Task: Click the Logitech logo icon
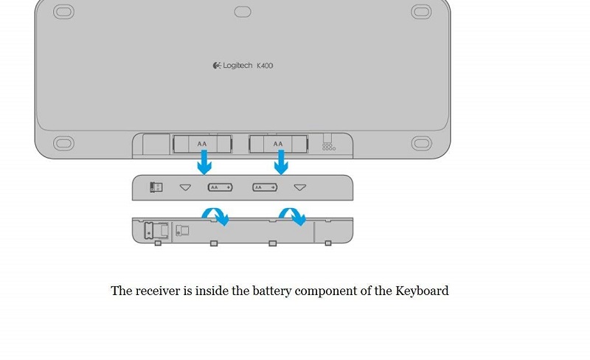point(217,66)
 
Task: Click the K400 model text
point(265,66)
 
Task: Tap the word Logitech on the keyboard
point(237,66)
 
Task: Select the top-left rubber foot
point(63,12)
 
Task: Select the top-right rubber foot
point(421,12)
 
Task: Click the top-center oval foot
point(243,12)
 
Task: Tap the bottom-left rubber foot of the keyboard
point(63,143)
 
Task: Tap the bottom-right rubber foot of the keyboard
point(421,143)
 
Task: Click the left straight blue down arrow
point(204,162)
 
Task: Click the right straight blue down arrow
point(281,162)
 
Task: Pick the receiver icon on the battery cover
point(156,187)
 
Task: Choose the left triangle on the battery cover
point(185,187)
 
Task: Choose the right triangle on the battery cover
point(300,187)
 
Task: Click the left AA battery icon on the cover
point(220,187)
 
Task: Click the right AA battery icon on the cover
point(265,187)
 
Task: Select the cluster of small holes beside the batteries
point(329,147)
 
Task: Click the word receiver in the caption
point(158,291)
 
